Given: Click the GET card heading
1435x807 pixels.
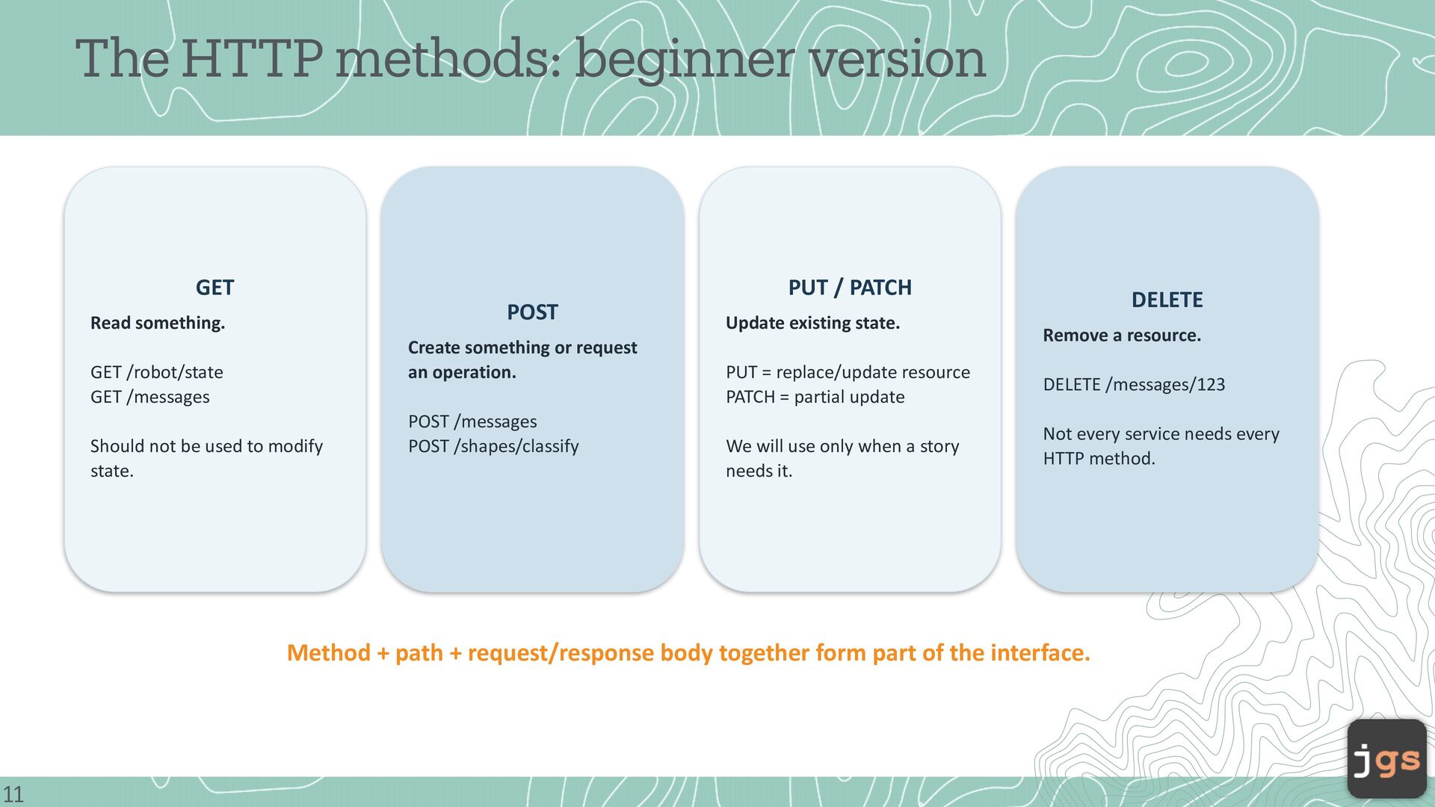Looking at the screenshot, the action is [215, 288].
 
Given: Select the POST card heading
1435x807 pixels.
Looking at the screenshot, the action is [532, 312].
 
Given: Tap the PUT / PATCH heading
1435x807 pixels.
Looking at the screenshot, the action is [850, 288].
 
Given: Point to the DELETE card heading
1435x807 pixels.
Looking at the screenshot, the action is [1167, 300].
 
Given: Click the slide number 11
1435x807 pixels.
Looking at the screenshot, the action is [13, 794].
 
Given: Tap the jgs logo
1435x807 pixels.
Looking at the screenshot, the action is [1387, 759].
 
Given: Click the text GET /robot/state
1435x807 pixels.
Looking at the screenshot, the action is [157, 372].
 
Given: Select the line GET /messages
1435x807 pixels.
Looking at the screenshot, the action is [150, 397].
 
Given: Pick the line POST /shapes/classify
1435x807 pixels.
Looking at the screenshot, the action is [493, 446].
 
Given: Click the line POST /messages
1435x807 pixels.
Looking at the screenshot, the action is [472, 421].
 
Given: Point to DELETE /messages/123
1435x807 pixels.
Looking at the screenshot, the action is [1134, 384].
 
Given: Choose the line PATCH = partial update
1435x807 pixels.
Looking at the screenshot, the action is [815, 397].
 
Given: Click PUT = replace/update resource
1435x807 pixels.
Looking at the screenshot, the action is [848, 372].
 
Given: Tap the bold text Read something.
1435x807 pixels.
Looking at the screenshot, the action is [158, 323].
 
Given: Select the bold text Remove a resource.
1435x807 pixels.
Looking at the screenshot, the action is [1122, 336].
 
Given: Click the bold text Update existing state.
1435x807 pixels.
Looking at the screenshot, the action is [812, 323].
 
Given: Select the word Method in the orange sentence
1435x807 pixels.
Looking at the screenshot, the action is [329, 653].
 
